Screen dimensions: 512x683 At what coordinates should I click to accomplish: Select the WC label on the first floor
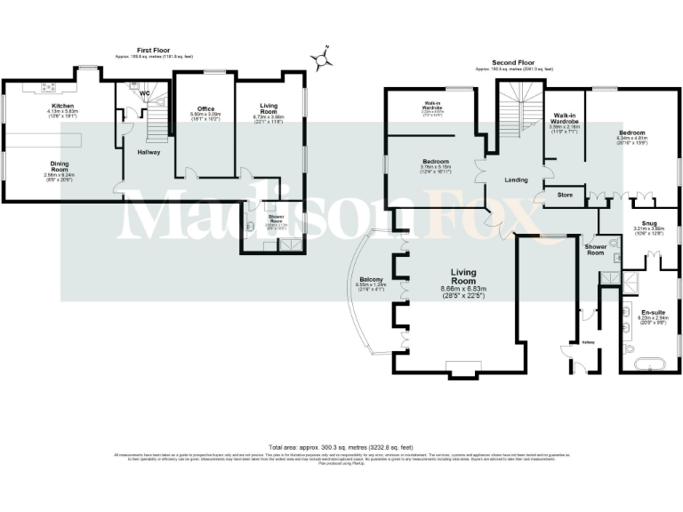[144, 93]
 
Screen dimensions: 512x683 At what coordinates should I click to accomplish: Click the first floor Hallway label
[148, 152]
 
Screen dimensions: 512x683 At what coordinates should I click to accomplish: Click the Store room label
[564, 195]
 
